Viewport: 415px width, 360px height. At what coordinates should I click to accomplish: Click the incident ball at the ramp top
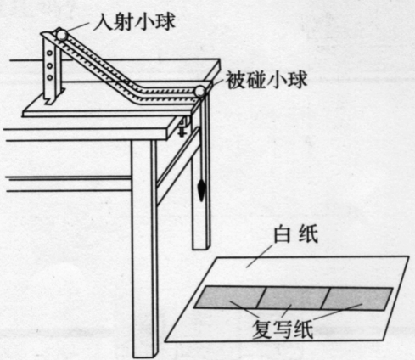coord(61,35)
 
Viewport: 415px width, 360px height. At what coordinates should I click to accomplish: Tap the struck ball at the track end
coord(200,91)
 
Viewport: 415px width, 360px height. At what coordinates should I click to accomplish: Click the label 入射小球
coord(134,21)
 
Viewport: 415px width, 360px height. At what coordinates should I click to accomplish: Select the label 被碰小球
coord(266,80)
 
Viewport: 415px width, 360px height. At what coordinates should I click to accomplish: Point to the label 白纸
coord(295,233)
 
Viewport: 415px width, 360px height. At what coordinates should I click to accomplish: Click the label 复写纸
coord(283,329)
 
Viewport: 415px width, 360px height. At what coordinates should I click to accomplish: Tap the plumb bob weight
coord(201,190)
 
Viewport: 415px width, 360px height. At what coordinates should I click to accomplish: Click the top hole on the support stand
coord(50,53)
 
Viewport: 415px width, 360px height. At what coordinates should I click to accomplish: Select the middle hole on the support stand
coord(50,65)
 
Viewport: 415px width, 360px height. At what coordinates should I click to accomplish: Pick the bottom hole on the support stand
coord(50,77)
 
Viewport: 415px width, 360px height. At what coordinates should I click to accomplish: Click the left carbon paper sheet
coord(229,297)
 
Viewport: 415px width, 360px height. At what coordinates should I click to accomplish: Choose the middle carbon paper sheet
coord(294,298)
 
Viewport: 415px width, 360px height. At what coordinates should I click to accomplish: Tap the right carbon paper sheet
coord(357,299)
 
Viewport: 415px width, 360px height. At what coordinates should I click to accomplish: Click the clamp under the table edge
coord(182,127)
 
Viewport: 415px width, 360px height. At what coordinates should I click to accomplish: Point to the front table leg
coord(144,249)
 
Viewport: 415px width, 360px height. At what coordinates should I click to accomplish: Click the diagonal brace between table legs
coord(177,166)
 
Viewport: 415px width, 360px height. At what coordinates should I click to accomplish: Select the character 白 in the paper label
coord(283,233)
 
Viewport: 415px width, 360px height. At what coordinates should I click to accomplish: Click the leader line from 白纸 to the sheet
coord(260,256)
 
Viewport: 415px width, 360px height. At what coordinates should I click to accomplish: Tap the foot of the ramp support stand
coord(54,97)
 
